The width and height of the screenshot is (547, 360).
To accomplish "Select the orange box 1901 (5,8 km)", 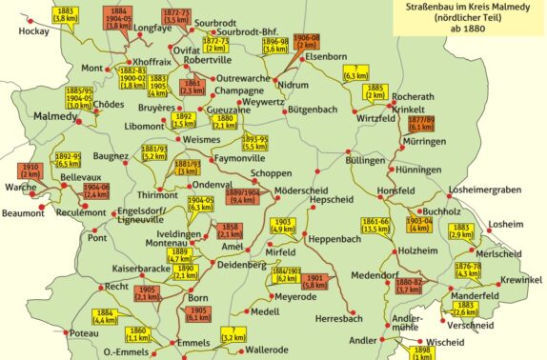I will point(317,281).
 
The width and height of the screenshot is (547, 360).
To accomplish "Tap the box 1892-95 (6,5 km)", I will point(68,159).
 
